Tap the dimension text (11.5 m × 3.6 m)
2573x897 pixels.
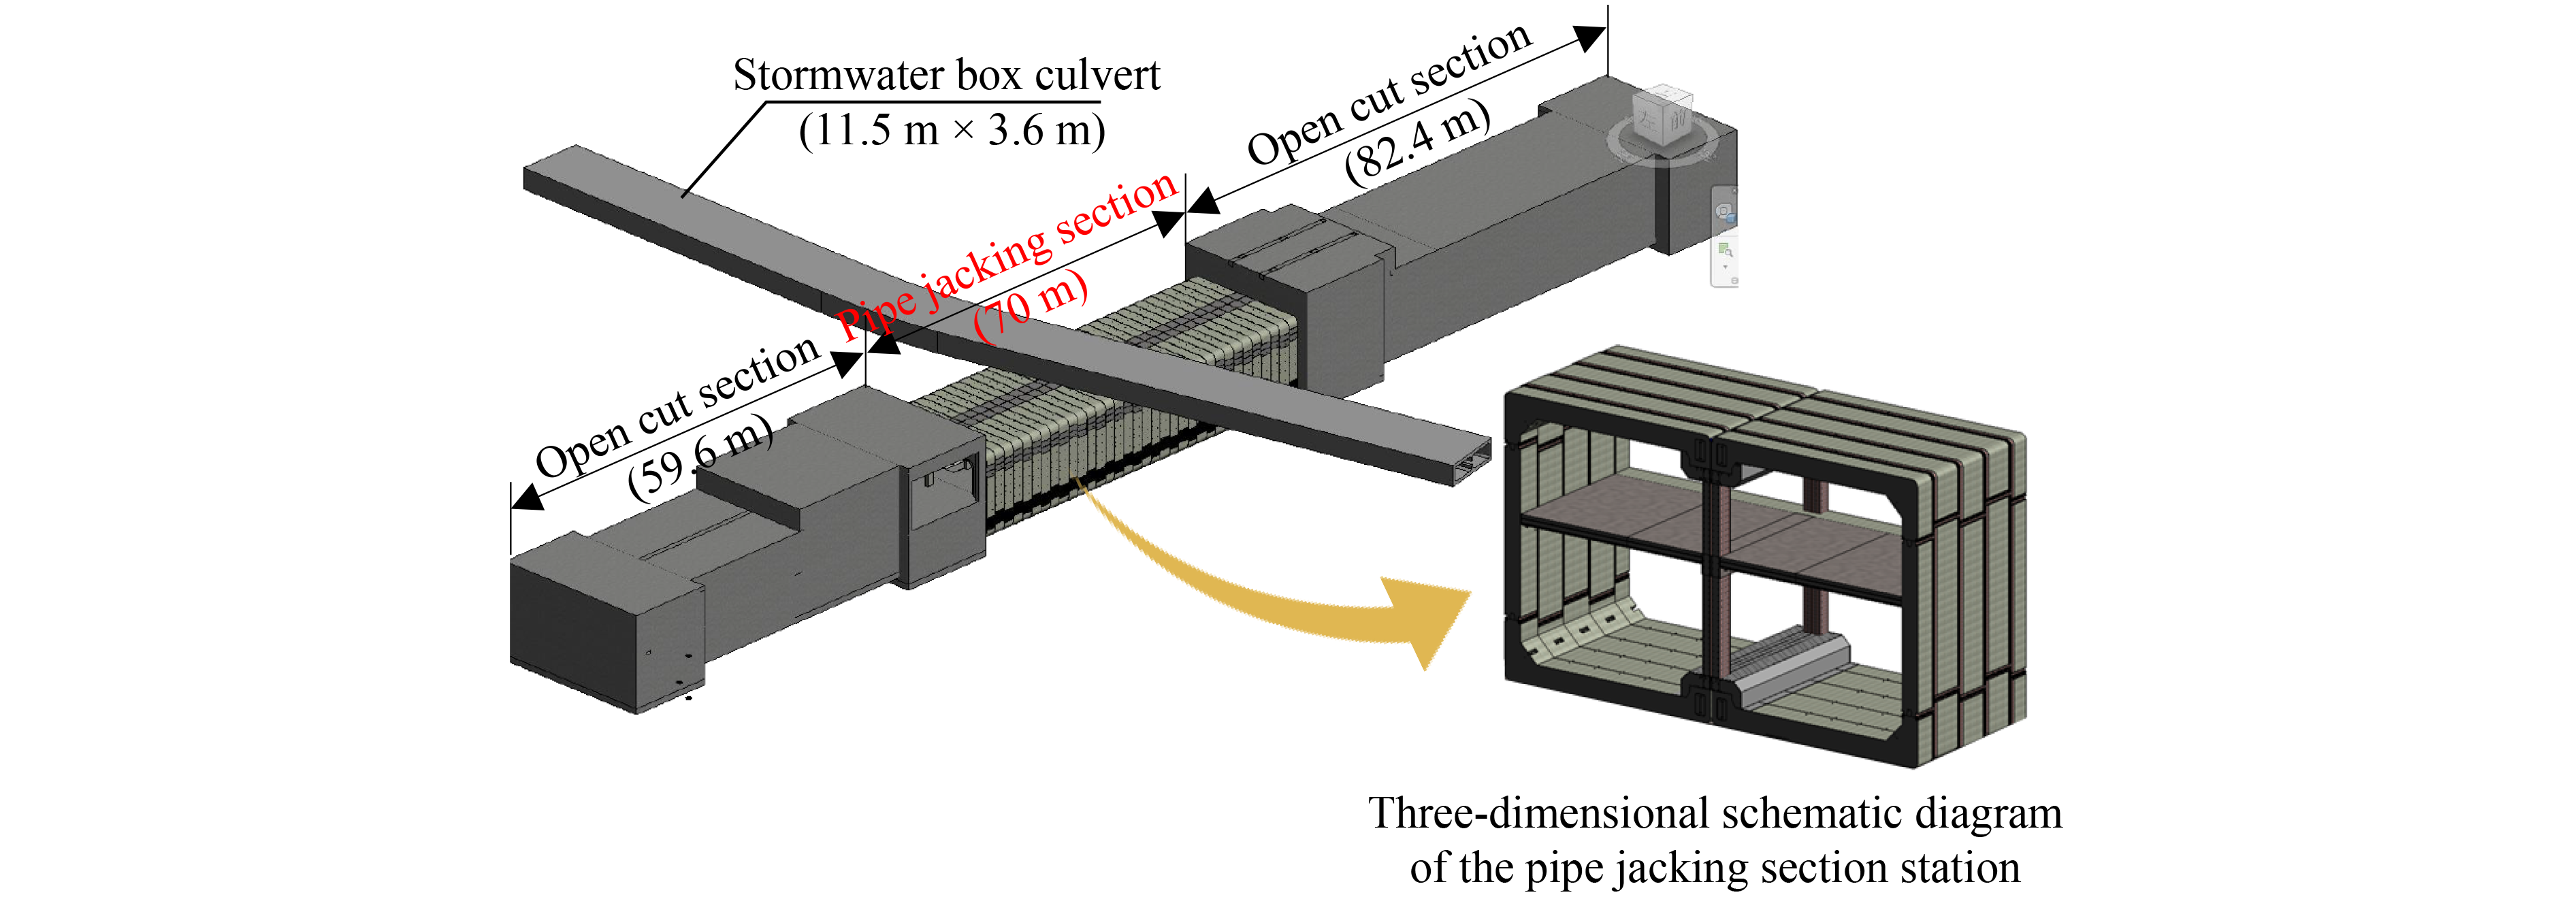point(952,130)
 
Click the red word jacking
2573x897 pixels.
point(985,263)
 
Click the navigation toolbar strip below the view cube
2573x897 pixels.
point(1725,237)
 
